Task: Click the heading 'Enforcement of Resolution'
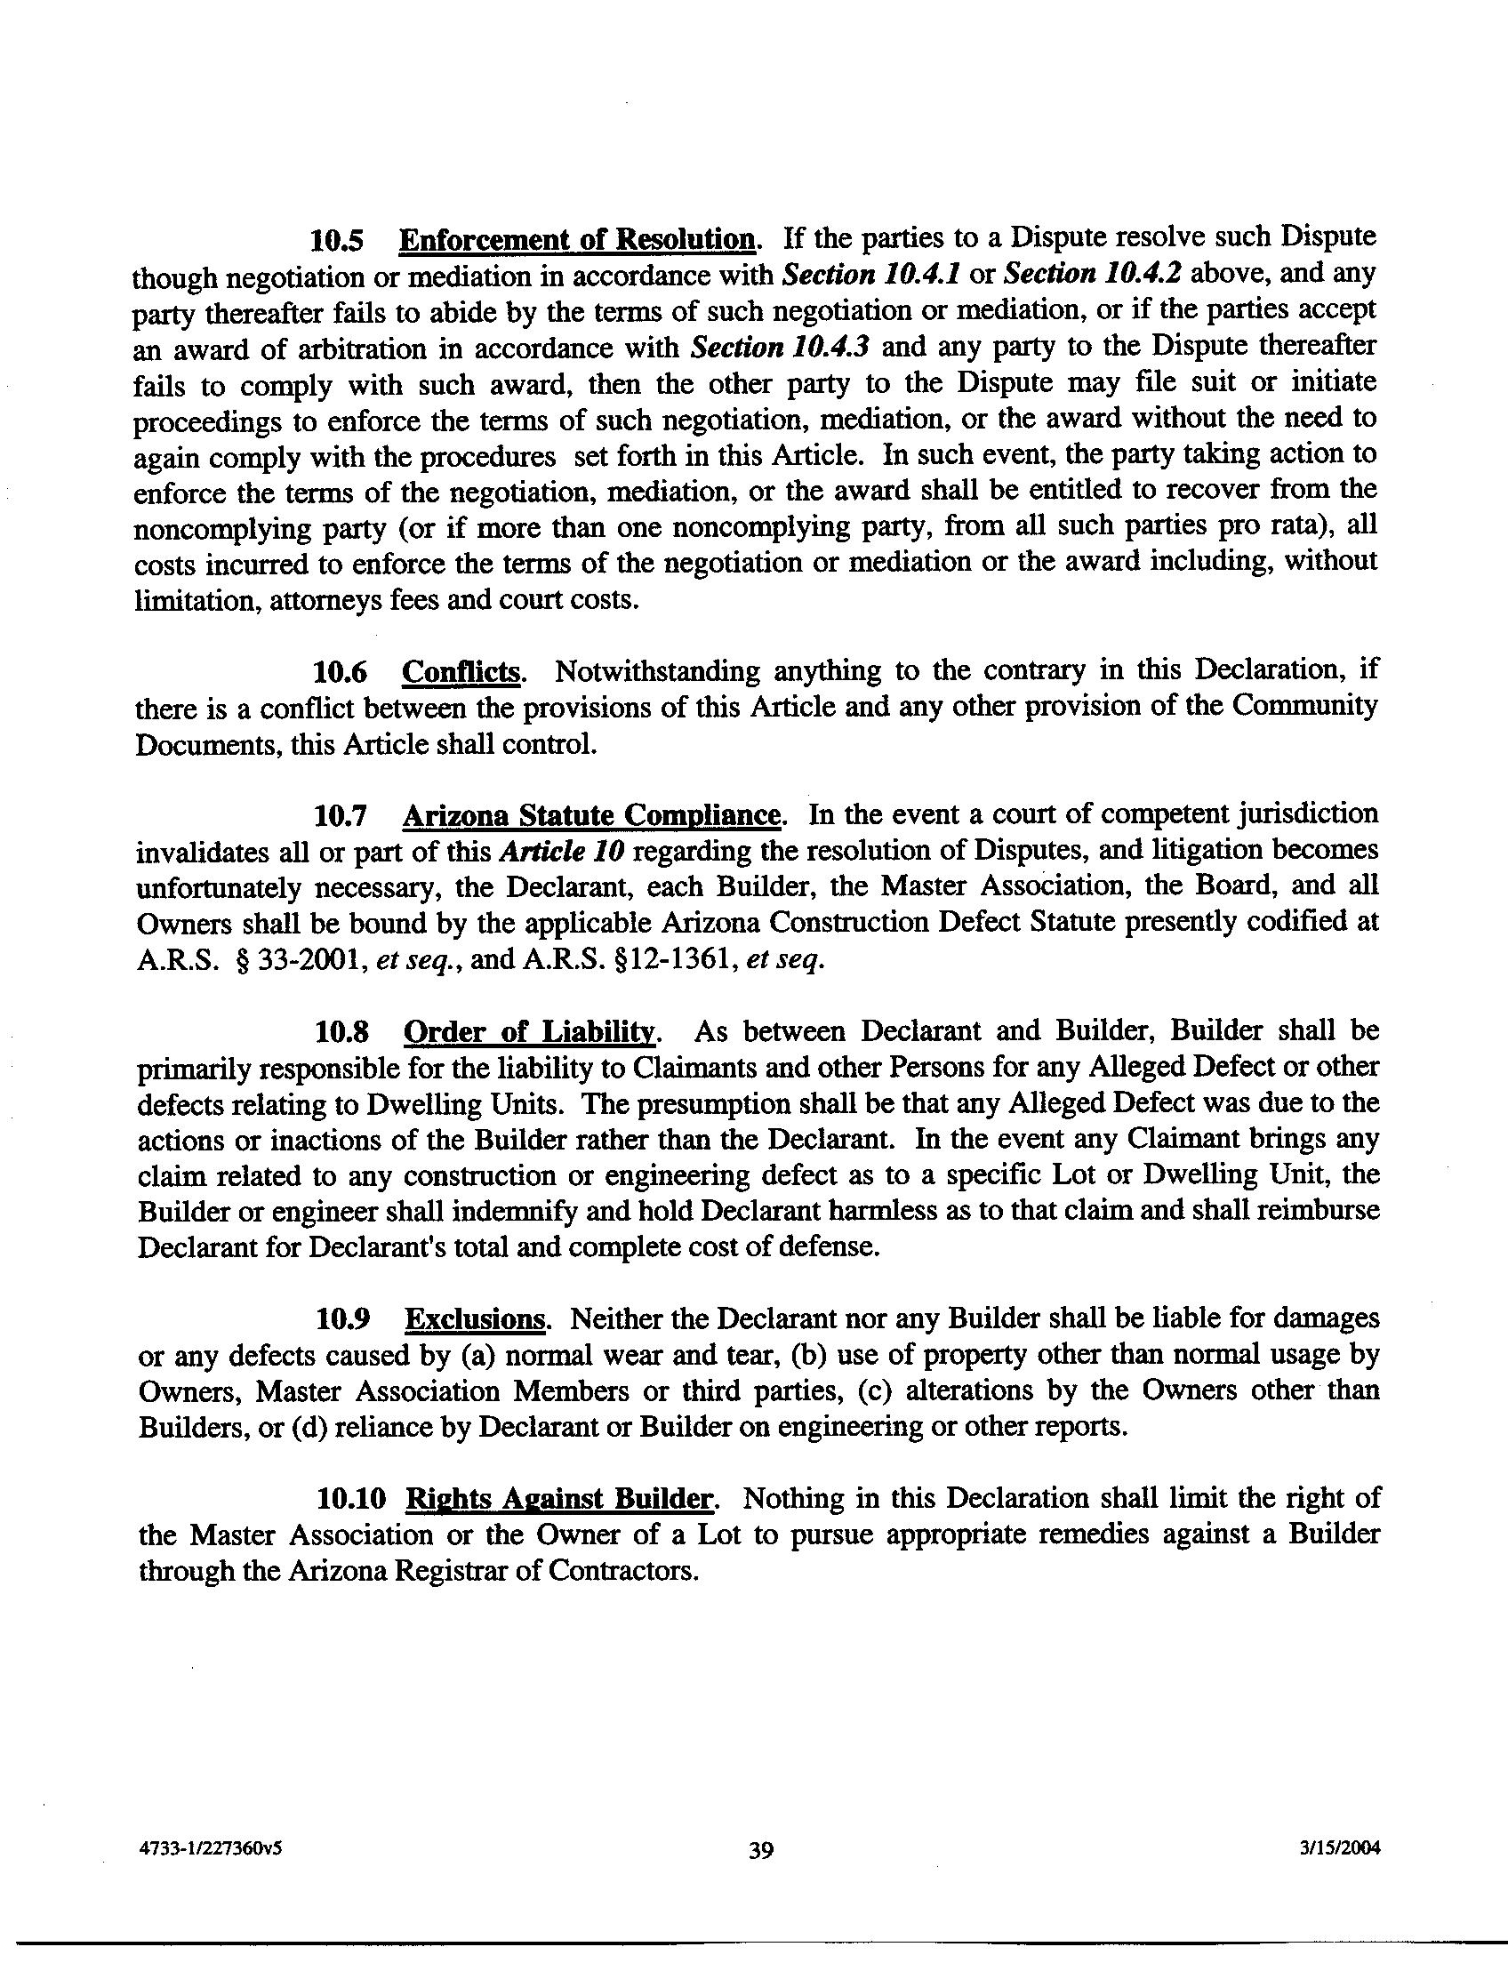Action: [577, 240]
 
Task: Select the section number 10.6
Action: [341, 672]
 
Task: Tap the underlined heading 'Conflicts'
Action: [461, 672]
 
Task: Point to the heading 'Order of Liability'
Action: [531, 1032]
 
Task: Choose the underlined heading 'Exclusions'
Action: [475, 1319]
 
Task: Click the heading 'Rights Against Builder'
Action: [560, 1499]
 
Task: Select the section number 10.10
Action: [351, 1499]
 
